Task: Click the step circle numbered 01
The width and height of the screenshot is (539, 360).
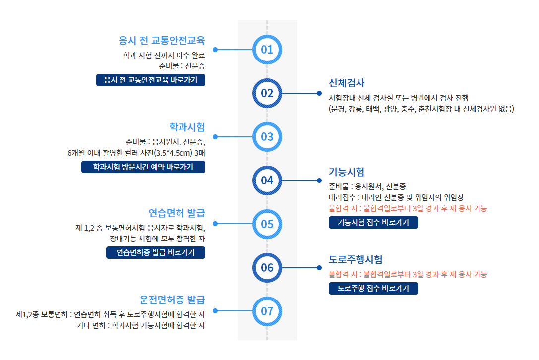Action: [x=267, y=50]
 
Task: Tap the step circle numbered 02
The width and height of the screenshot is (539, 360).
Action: [x=267, y=93]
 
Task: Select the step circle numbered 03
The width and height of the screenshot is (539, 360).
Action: [x=267, y=136]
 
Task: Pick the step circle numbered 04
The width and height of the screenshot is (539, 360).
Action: [x=267, y=180]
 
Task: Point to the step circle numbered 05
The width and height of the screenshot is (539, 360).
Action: [x=267, y=224]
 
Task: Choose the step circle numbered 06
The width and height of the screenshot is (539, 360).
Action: [x=267, y=268]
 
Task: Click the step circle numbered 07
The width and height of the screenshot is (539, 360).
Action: [x=267, y=311]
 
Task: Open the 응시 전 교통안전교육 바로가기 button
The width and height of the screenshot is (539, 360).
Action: [x=151, y=80]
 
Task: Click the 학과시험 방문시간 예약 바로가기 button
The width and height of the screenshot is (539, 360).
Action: [x=143, y=167]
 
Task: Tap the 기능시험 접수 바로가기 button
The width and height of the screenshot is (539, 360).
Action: [x=373, y=222]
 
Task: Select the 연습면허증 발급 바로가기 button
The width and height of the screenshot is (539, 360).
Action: [x=156, y=252]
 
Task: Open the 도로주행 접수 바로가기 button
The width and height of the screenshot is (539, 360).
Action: [x=373, y=288]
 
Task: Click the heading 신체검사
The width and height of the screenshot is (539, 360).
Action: [x=347, y=83]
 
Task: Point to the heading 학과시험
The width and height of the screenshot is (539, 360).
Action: [x=187, y=127]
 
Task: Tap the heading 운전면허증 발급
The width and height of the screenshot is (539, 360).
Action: [x=172, y=300]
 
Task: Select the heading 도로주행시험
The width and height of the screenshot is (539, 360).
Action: [x=356, y=259]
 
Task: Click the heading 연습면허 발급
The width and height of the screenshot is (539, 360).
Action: [x=177, y=214]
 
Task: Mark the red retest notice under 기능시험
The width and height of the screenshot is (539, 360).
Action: [x=408, y=208]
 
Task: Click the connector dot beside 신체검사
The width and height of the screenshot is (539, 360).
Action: [x=319, y=93]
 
